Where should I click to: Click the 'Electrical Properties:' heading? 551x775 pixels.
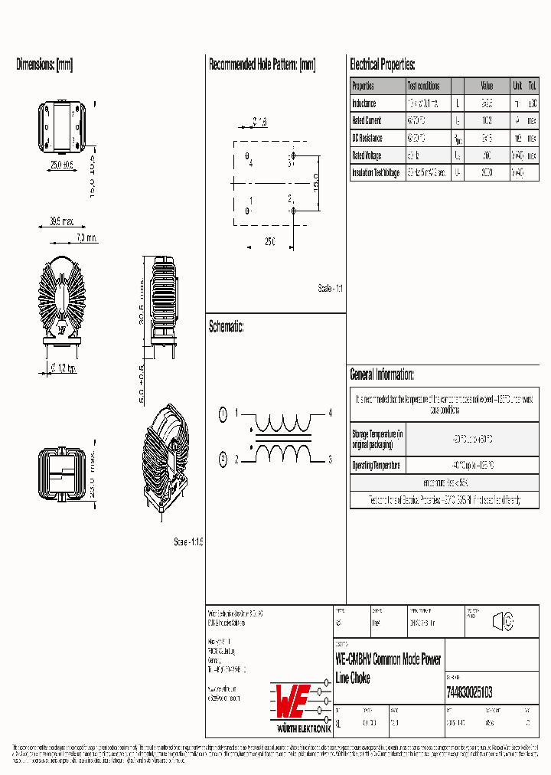383,65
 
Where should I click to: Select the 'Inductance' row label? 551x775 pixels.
364,103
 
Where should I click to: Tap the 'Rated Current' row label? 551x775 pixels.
367,121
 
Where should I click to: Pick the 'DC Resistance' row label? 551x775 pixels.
367,138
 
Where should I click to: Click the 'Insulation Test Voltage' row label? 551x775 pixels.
376,173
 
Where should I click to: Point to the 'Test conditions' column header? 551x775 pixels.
423,87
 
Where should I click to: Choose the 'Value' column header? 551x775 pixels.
487,87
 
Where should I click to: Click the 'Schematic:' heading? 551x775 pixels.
227,327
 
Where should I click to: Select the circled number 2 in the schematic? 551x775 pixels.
223,459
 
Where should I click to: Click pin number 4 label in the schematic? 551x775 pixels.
331,414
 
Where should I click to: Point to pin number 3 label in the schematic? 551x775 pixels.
331,459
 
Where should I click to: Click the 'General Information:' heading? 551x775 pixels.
382,374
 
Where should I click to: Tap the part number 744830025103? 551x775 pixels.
468,692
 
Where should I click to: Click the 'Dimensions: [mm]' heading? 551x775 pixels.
44,65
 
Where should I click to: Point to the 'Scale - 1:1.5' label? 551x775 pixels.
188,541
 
